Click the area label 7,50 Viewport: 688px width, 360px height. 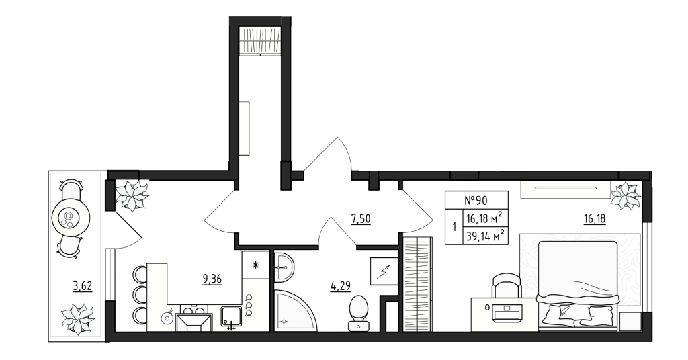coord(361,218)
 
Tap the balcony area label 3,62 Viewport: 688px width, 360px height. coord(82,285)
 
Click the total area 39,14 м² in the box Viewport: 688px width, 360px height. coord(485,235)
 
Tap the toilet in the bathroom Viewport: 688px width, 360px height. coord(359,313)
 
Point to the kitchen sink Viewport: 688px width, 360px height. coord(231,316)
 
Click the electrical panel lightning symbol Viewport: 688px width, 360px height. coord(384,272)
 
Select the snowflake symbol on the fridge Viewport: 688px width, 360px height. coord(255,265)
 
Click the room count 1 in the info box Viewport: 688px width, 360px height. coord(454,226)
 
